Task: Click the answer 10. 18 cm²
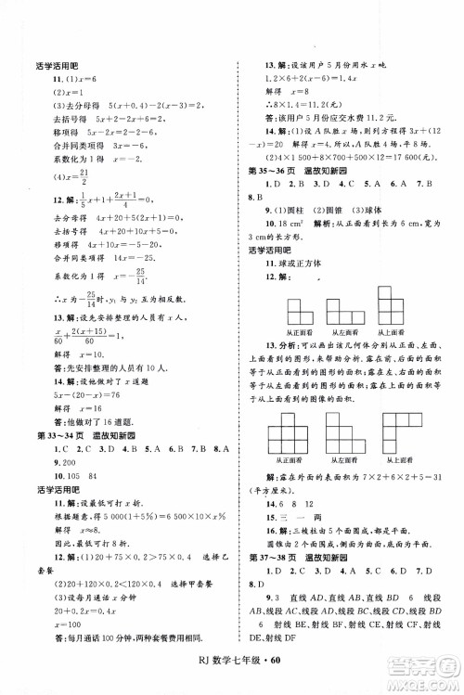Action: click(276, 225)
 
